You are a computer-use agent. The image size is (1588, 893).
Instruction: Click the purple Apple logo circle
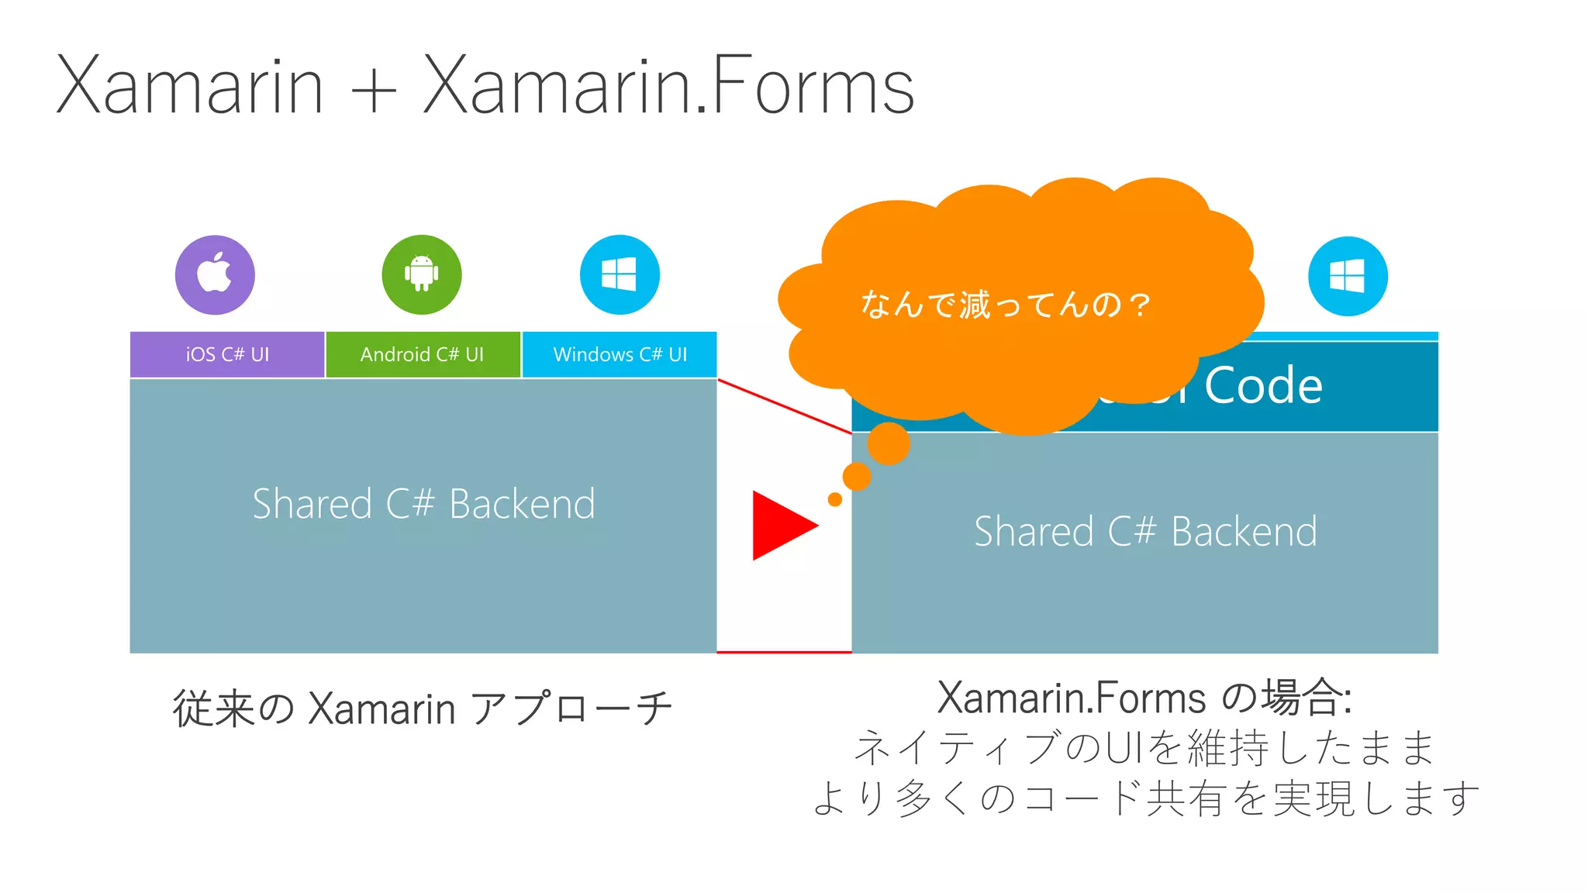pos(215,274)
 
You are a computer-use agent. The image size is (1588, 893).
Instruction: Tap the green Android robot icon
pos(421,274)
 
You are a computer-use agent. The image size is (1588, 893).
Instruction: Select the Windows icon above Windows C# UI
pos(620,274)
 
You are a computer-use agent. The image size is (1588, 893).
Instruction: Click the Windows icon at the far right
pos(1348,276)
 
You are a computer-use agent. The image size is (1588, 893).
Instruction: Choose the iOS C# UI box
pos(227,354)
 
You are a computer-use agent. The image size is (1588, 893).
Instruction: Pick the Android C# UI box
pos(423,354)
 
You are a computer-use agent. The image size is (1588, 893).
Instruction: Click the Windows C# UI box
pos(620,354)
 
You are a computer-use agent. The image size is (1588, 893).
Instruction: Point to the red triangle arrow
pos(779,525)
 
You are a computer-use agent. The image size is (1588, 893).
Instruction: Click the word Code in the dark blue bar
pos(1263,385)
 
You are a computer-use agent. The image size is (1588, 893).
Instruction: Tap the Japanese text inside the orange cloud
pos(1005,305)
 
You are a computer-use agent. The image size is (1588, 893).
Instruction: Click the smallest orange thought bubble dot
pos(835,499)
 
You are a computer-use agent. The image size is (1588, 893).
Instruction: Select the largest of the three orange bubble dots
pos(889,443)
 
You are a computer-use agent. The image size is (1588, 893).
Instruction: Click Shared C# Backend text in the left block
pos(423,504)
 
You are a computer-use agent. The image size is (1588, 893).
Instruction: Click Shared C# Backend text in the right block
pos(1145,532)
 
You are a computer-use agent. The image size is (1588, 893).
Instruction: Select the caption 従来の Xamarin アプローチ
pos(423,708)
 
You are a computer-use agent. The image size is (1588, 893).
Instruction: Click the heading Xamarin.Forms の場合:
pos(1144,697)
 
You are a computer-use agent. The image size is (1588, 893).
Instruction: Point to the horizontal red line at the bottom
pos(784,652)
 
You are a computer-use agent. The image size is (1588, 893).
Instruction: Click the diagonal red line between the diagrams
pos(784,405)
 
